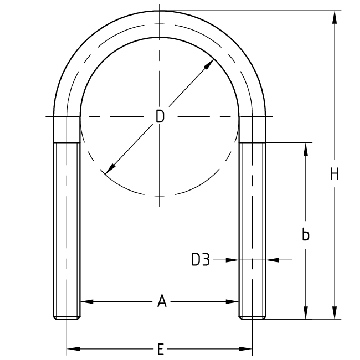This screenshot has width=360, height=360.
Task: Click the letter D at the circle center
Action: (x=160, y=117)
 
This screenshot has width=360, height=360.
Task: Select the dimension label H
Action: (x=334, y=174)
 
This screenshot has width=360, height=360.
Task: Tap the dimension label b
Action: (x=305, y=234)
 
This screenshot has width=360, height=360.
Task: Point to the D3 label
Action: (x=200, y=260)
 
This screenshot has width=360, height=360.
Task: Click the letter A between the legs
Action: (x=161, y=302)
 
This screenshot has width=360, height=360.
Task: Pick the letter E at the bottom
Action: (x=160, y=350)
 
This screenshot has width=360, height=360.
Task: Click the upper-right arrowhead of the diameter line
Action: (x=208, y=65)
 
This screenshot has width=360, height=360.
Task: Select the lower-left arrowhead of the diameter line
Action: (x=110, y=169)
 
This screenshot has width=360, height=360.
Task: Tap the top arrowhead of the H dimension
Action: (x=334, y=17)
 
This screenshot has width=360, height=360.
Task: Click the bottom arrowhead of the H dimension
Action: (x=334, y=313)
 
